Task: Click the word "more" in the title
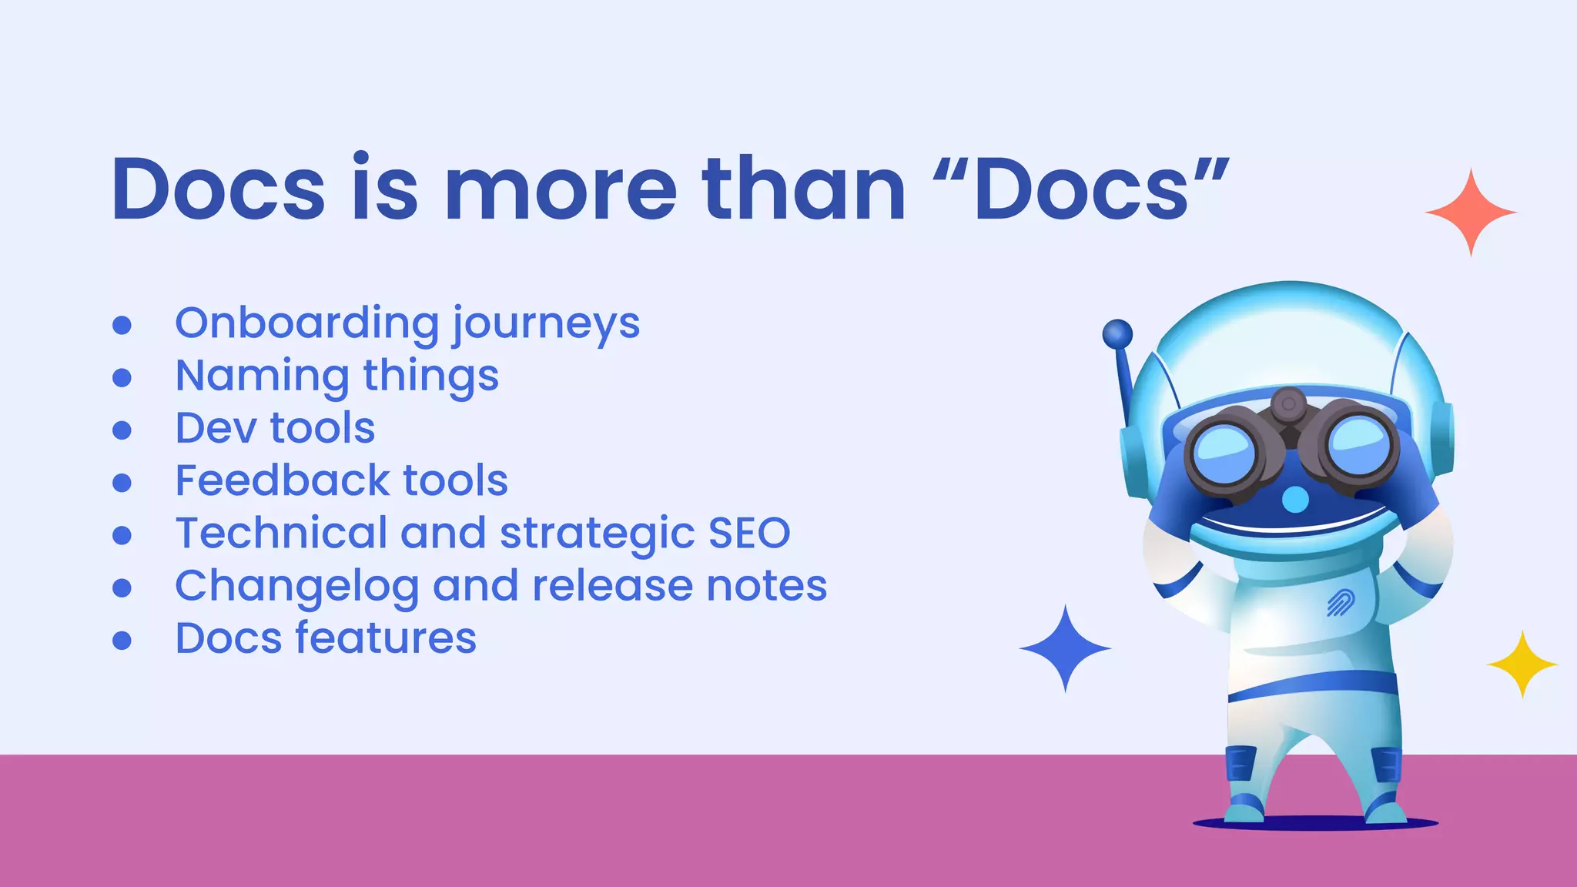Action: tap(561, 189)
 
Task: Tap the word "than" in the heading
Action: tap(803, 189)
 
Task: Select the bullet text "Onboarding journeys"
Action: tap(407, 323)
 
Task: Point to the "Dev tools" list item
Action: tap(275, 428)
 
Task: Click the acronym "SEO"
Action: tap(749, 533)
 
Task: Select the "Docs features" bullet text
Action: tap(326, 638)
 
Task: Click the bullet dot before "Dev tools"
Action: tap(122, 430)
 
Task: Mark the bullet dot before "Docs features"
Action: tap(122, 640)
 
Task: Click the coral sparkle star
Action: tap(1471, 213)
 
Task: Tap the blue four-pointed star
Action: tap(1065, 648)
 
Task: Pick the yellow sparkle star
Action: tap(1522, 664)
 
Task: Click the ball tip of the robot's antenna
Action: tap(1117, 334)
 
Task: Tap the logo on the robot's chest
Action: tap(1341, 603)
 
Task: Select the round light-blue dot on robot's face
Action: tap(1295, 500)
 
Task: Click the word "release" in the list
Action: tap(613, 586)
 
